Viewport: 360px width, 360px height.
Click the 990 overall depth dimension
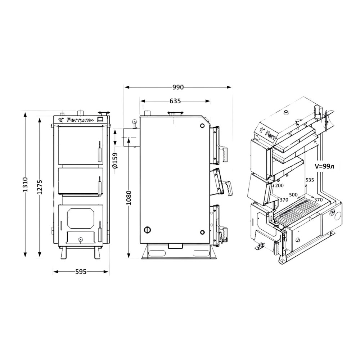point(178,87)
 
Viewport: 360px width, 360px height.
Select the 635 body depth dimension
point(175,101)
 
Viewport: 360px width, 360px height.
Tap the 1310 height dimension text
point(25,184)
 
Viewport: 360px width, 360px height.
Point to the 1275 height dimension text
point(40,187)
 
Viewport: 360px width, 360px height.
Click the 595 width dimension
point(81,272)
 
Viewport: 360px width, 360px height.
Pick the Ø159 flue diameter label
point(115,160)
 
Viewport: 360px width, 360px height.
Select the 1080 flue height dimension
point(129,198)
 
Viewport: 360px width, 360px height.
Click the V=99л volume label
point(324,166)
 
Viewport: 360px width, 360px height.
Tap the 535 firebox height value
point(310,180)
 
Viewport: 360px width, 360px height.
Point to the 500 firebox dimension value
point(293,195)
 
